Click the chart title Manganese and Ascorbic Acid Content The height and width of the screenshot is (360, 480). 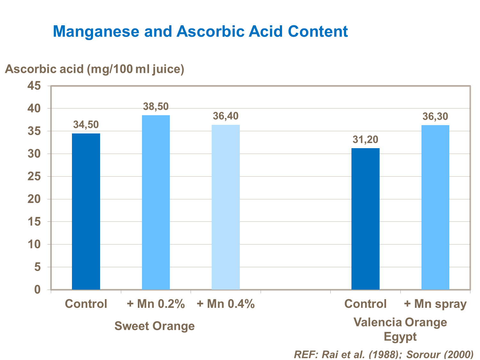tap(200, 31)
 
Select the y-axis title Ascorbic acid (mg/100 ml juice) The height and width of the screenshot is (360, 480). tap(95, 69)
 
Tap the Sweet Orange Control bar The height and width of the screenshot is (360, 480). tap(86, 211)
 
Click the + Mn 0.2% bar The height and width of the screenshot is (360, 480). tap(156, 202)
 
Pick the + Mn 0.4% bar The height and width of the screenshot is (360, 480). tap(226, 207)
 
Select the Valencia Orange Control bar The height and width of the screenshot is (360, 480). tap(365, 219)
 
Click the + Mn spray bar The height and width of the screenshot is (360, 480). tap(435, 207)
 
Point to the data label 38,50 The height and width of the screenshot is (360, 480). tap(156, 107)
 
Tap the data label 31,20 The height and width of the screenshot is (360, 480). tap(365, 140)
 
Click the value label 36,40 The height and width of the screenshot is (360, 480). tap(226, 116)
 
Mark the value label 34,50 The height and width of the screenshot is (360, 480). tap(86, 125)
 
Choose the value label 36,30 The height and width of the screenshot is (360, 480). tap(435, 116)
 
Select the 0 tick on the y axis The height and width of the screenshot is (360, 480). tap(38, 290)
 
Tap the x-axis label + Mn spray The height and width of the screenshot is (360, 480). tap(435, 304)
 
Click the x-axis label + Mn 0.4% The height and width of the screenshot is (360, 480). tap(226, 304)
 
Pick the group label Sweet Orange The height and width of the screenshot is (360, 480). tap(154, 326)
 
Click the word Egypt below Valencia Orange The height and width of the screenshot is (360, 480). tap(400, 337)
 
